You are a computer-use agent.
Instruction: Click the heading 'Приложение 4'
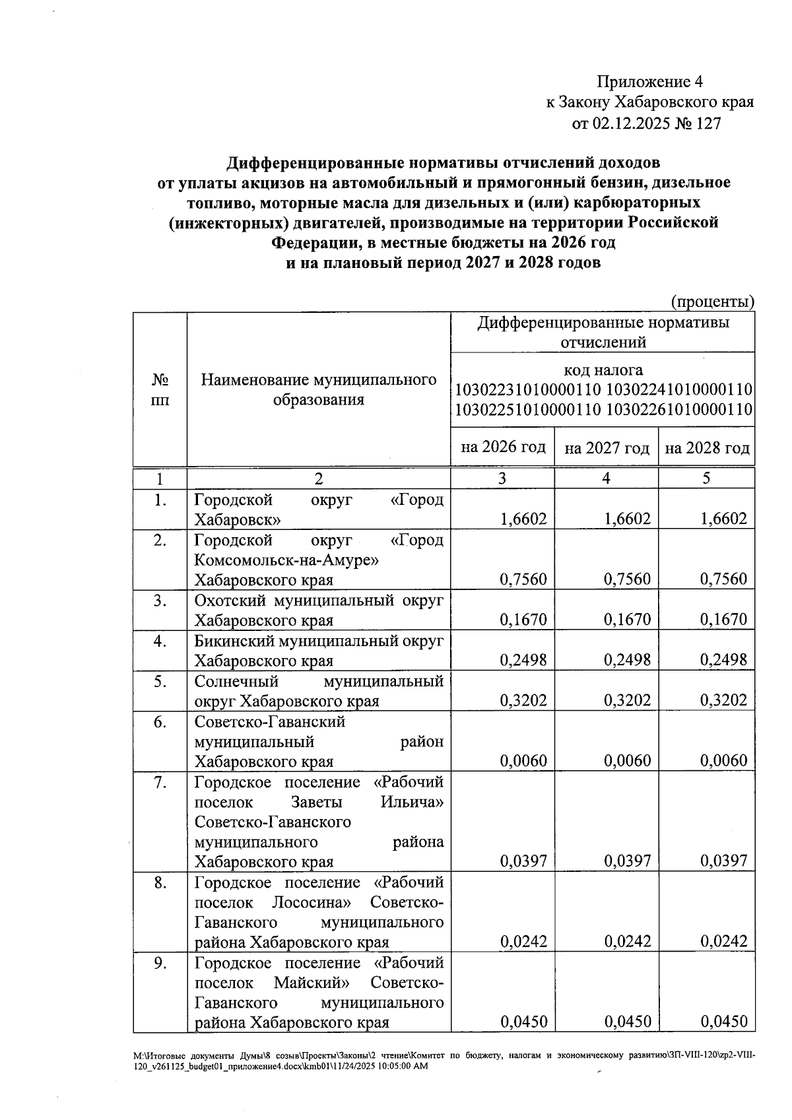pos(649,82)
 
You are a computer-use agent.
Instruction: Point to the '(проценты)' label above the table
pos(712,302)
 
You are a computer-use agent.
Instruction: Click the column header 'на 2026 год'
pos(503,447)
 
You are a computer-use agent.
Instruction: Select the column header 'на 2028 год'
pos(707,448)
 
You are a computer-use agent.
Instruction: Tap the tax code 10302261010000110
pos(680,410)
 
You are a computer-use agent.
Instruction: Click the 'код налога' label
pos(603,370)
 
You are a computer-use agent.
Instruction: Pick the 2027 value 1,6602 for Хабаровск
pos(627,519)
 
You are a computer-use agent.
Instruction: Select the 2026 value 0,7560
pos(523,579)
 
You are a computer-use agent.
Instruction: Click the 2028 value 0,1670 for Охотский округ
pos(723,620)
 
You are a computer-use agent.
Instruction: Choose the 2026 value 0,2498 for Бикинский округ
pos(523,660)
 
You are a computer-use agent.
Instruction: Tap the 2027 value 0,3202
pos(627,700)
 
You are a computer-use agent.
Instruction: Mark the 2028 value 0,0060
pos(723,761)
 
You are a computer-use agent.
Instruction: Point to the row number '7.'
pos(160,782)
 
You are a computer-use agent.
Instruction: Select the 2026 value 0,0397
pos(523,861)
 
